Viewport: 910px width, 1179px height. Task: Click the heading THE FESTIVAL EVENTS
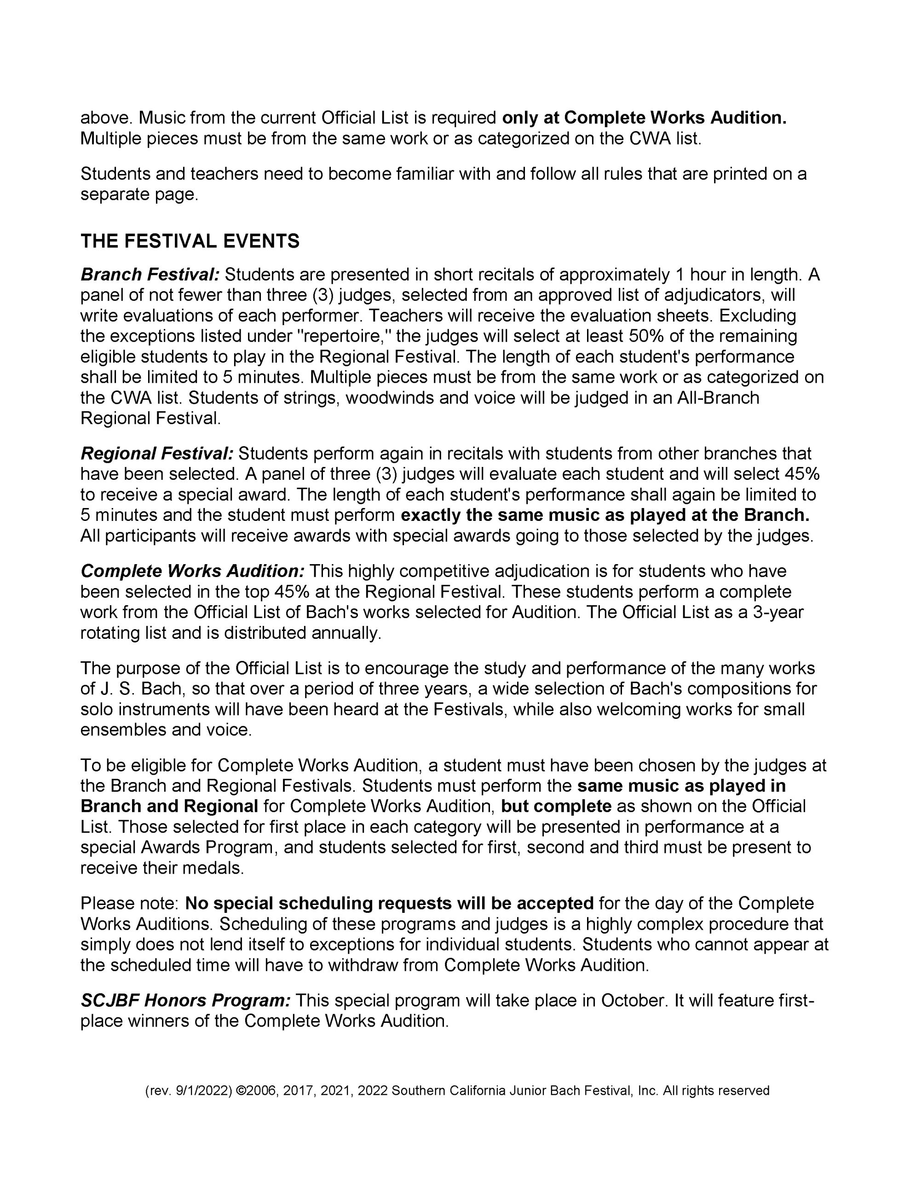point(190,241)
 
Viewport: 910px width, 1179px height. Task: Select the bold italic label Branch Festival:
point(150,275)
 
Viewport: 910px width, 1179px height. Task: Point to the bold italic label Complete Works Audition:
point(193,571)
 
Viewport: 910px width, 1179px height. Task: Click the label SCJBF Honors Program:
point(185,1000)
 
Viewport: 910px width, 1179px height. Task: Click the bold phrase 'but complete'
point(556,806)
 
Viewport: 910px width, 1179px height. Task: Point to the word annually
point(346,633)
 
